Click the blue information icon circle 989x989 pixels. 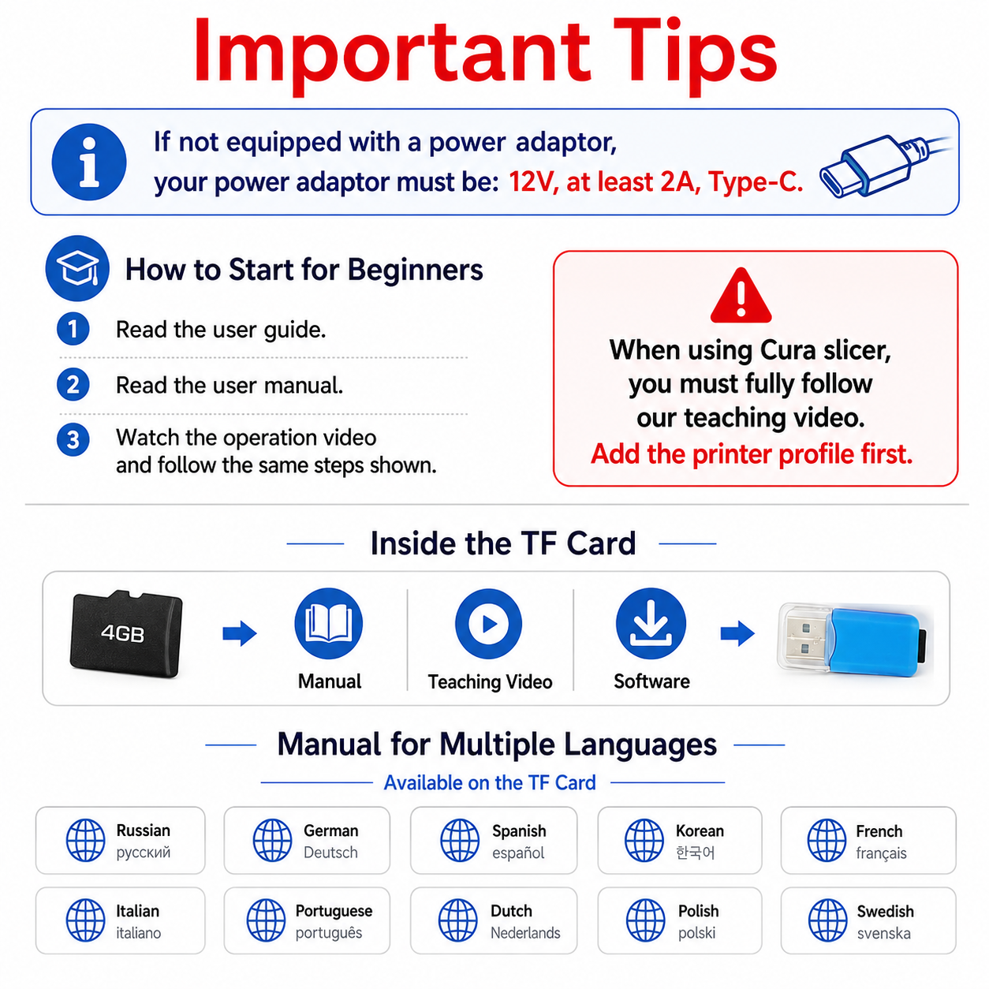89,162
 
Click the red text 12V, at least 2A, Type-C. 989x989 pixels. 656,181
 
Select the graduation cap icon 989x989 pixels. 77,268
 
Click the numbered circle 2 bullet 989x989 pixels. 73,384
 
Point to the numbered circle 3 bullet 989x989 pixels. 73,440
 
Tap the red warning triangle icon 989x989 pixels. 741,296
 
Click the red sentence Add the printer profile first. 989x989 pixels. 752,454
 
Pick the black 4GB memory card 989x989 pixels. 126,633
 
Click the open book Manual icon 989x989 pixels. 328,624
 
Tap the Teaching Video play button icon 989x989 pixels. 489,624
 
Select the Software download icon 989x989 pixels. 651,624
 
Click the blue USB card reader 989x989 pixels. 855,639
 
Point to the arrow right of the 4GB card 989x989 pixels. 240,633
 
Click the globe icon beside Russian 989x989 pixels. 86,841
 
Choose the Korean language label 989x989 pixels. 700,831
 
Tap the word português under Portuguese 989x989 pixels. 329,932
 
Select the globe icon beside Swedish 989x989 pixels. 828,920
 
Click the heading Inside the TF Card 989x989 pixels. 503,543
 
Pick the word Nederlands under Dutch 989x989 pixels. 525,932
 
